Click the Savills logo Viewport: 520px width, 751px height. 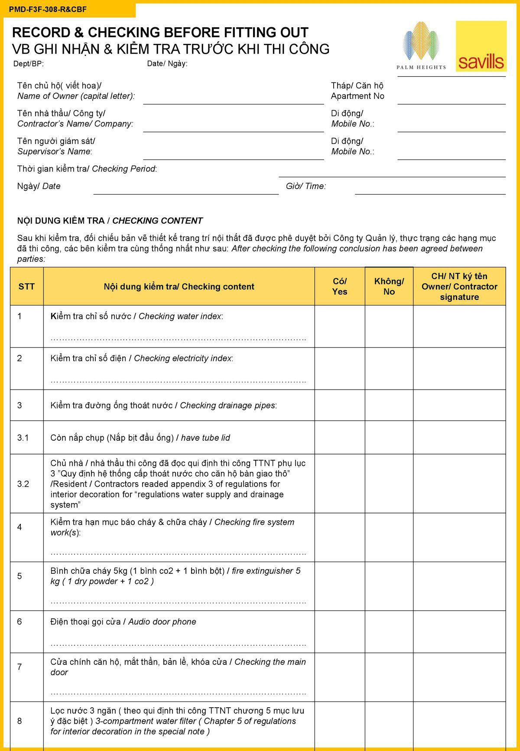[x=481, y=46]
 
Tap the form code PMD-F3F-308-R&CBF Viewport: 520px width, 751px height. [x=48, y=9]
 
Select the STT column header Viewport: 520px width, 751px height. [x=26, y=286]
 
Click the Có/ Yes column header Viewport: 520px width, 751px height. [x=340, y=286]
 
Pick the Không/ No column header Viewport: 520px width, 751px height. [x=389, y=286]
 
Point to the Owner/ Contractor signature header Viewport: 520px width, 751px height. [x=459, y=286]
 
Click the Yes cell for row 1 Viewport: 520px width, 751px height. [x=340, y=326]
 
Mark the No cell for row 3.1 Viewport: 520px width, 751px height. [x=389, y=437]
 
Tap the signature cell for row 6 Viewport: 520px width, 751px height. [x=459, y=631]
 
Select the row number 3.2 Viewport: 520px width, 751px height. [x=23, y=484]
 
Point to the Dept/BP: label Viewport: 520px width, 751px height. [x=29, y=64]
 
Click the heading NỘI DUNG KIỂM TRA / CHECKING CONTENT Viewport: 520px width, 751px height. [x=110, y=221]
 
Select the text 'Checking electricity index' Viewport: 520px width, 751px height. [x=182, y=358]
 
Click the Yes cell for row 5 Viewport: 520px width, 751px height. [x=340, y=586]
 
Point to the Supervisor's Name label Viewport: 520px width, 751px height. [x=55, y=152]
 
